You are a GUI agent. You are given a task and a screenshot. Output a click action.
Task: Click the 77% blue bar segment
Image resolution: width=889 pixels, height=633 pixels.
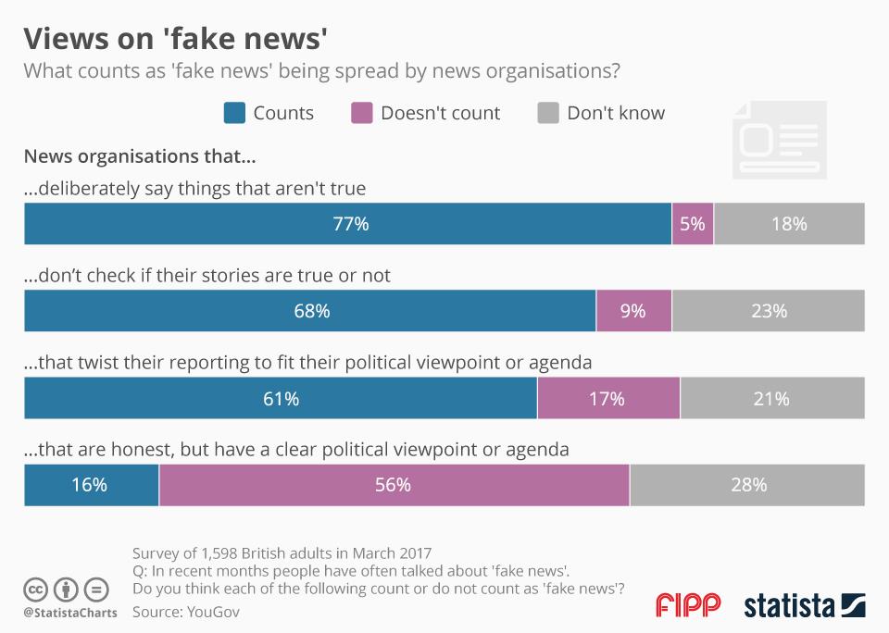[347, 224]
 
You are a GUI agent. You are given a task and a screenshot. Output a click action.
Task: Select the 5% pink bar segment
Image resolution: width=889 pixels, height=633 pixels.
[693, 224]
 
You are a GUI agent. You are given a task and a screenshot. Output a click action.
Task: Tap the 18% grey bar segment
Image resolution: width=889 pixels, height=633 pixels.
[789, 224]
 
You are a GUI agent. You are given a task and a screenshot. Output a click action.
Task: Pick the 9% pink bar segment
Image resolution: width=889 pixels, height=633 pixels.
[633, 311]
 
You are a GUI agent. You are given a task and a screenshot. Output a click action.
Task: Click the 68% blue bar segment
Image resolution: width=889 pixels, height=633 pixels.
[309, 311]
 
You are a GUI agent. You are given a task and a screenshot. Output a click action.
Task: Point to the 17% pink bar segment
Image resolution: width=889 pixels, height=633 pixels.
[607, 399]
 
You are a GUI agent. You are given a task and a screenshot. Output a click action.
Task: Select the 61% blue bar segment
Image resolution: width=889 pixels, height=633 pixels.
[280, 399]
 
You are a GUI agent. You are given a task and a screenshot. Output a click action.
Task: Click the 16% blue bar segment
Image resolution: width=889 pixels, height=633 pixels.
[91, 485]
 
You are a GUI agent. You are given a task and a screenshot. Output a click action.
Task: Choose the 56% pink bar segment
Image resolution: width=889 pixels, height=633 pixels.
[394, 485]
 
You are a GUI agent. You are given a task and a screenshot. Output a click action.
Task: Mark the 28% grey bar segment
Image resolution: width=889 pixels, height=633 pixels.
[747, 485]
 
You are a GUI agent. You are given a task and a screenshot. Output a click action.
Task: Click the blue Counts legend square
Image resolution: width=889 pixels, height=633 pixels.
[235, 113]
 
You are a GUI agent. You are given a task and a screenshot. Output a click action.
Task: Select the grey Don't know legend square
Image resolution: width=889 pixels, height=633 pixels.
[549, 113]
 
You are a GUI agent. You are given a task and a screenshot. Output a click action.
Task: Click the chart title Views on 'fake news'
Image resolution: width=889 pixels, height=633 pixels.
[175, 38]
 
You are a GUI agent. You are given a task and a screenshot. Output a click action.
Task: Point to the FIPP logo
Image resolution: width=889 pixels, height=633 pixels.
[687, 605]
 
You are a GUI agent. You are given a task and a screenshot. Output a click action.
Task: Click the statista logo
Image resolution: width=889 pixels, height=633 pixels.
[805, 605]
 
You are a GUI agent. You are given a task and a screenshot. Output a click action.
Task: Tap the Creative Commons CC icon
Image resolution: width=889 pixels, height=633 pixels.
[36, 589]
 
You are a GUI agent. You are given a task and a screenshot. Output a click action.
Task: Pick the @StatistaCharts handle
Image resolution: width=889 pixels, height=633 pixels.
[69, 613]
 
